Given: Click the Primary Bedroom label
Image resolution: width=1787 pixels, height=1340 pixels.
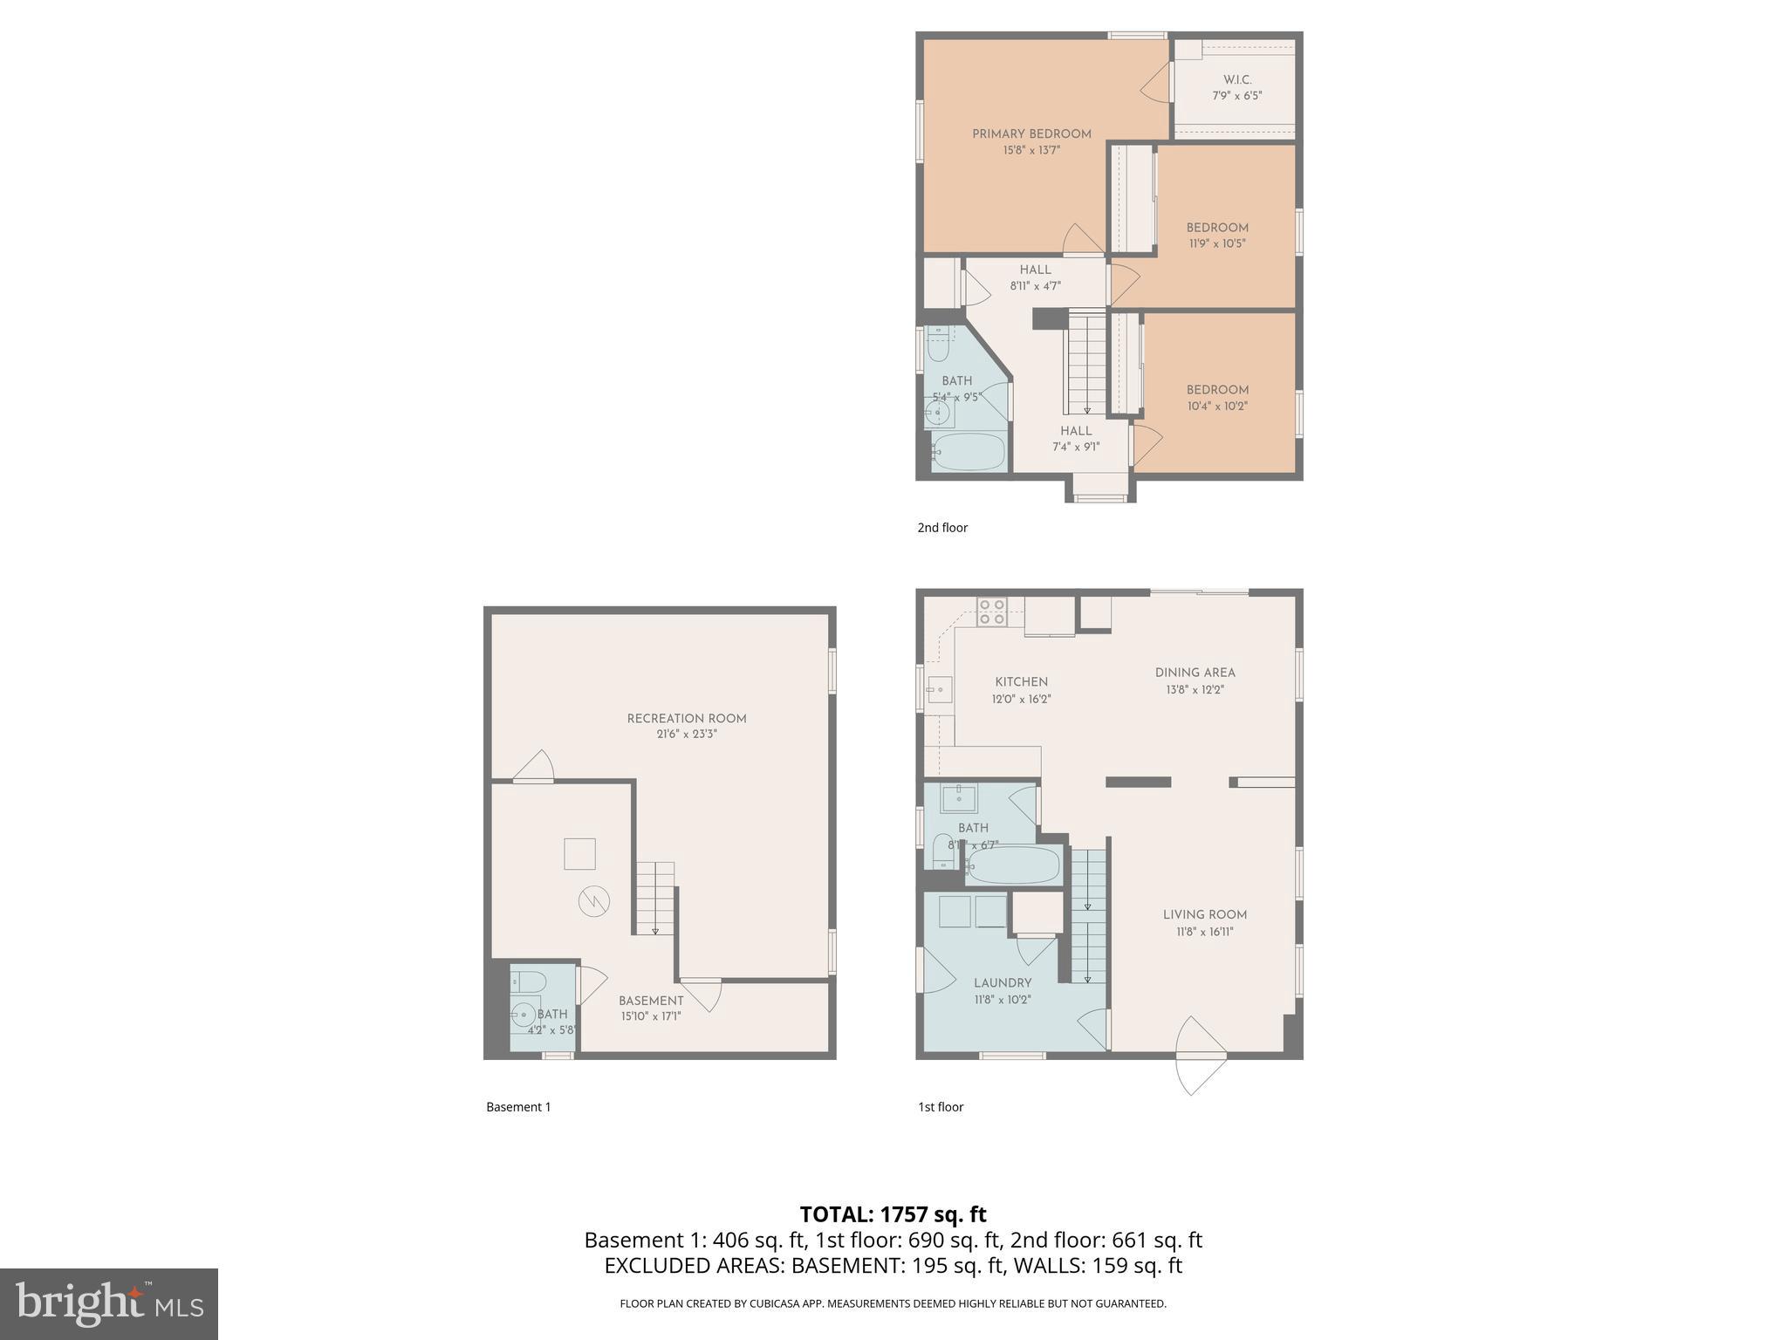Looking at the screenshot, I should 1031,134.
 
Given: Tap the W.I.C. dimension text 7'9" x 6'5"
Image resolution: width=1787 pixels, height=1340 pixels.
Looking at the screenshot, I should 1236,96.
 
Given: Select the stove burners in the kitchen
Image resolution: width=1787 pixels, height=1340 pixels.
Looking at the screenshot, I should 991,611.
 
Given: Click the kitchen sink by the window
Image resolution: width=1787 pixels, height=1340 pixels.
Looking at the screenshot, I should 939,689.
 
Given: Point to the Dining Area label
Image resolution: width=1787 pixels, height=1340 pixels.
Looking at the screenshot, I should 1195,673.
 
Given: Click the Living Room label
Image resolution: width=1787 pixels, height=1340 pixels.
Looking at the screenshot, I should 1204,915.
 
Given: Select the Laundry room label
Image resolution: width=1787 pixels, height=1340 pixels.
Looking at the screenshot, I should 1003,983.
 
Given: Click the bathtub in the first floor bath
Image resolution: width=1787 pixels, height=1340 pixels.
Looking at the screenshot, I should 1014,866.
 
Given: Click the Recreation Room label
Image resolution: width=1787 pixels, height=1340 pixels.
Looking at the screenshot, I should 687,719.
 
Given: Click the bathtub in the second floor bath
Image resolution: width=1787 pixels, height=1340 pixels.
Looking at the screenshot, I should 969,451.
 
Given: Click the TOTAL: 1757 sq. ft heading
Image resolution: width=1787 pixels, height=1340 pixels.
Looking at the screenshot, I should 893,1214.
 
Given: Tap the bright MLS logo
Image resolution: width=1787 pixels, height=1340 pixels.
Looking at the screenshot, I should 108,1303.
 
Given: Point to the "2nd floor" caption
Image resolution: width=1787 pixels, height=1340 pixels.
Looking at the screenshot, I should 942,528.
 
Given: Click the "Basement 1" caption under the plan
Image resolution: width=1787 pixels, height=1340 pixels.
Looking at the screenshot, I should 518,1107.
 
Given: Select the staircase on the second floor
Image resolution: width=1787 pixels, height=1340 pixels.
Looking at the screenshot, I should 1086,365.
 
